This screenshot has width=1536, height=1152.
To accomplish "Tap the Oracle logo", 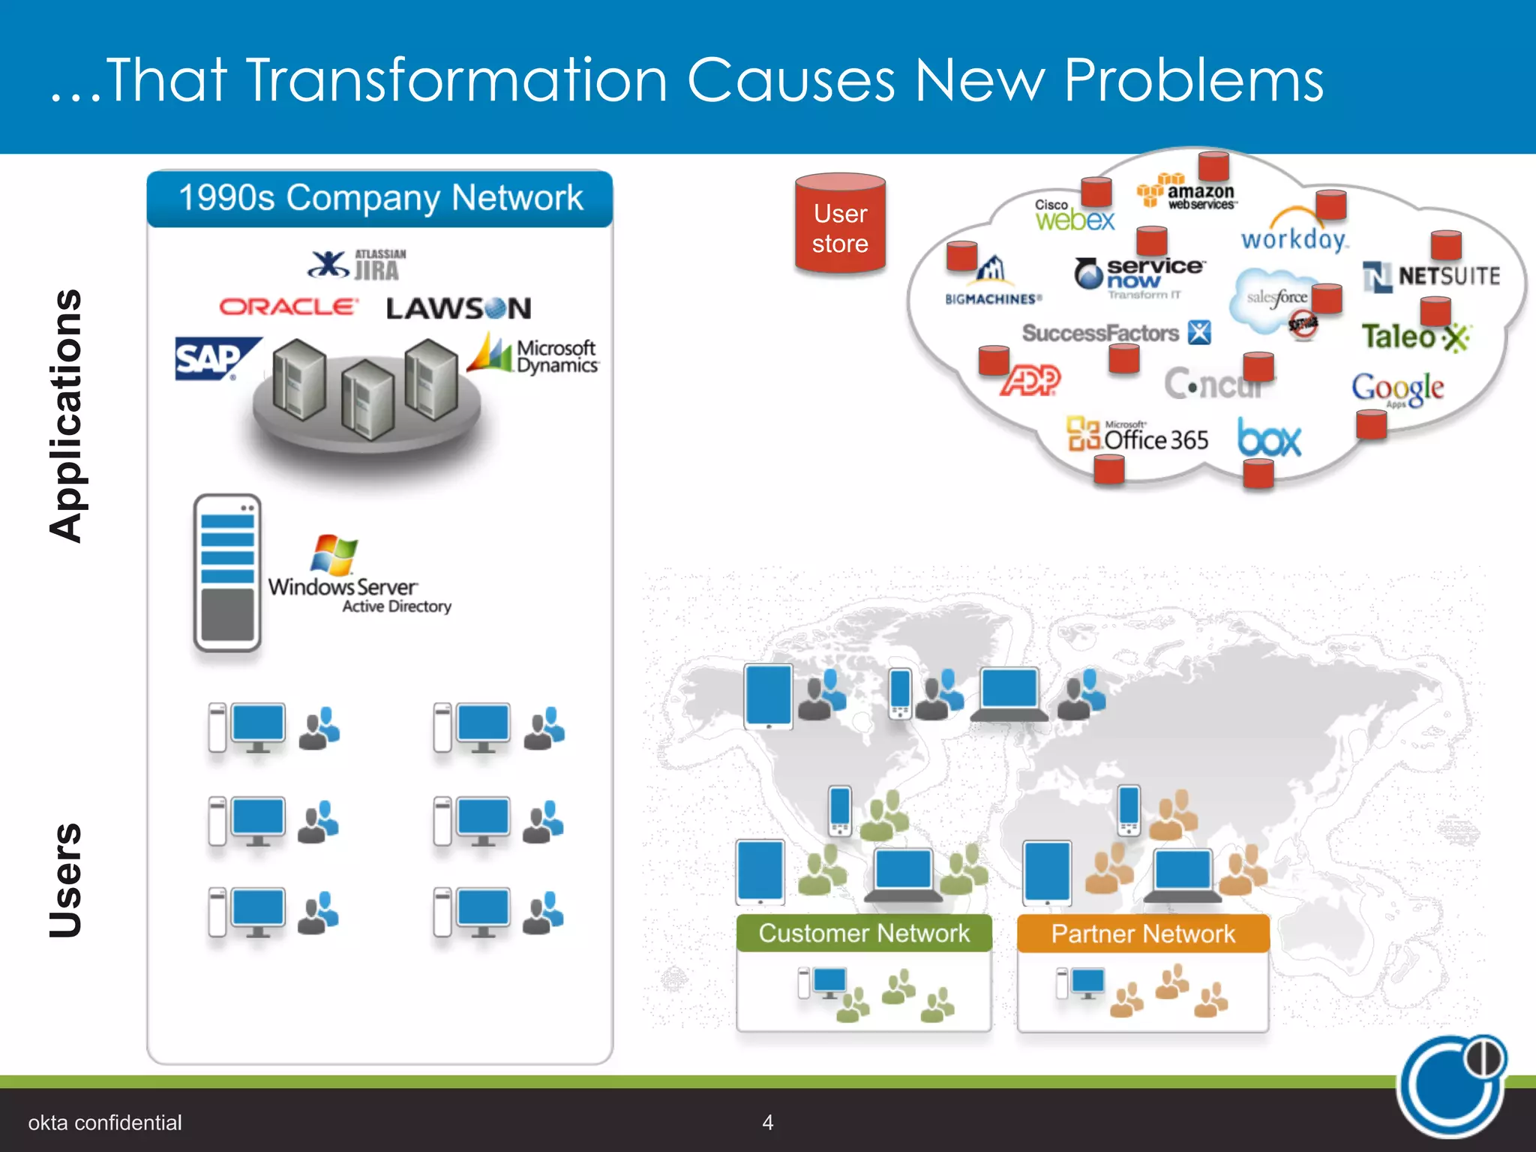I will tap(289, 307).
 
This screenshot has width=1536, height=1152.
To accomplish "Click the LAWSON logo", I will tap(458, 308).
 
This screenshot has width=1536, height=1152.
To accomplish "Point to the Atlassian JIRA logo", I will tap(358, 265).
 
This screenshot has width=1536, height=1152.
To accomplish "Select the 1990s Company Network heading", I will tap(380, 199).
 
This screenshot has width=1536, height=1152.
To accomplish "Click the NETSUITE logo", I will tap(1431, 277).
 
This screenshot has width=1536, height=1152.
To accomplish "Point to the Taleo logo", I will tap(1414, 337).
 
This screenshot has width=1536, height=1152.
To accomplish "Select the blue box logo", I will tap(1269, 438).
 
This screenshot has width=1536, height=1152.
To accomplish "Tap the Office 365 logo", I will tap(1138, 436).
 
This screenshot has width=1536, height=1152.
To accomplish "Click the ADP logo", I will tap(1031, 380).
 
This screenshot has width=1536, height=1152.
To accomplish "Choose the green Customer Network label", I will tap(864, 934).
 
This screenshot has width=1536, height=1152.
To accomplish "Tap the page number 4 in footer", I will tap(767, 1122).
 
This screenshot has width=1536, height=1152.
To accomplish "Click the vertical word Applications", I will tap(66, 415).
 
